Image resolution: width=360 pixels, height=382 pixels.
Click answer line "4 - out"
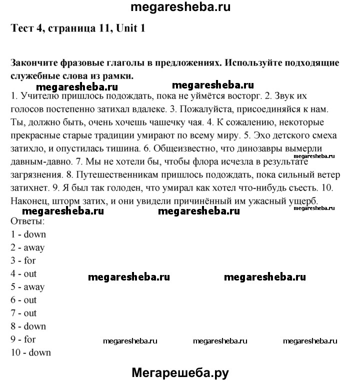pos(23,273)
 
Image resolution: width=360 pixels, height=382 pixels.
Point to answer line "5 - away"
pos(27,287)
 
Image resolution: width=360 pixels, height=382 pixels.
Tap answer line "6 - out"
pos(23,300)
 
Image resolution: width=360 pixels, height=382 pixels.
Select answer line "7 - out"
pos(23,313)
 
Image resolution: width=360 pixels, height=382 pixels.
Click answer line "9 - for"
pos(23,339)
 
